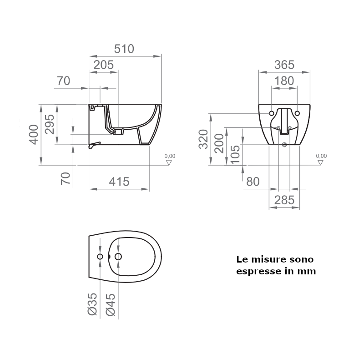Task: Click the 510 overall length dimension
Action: pos(124,49)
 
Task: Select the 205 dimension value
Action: pos(103,65)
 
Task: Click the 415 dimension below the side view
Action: pos(119,182)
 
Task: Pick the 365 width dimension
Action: pos(284,65)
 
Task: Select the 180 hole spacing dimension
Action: pos(284,81)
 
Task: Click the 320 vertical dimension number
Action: pos(203,139)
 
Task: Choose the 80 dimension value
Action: pos(253,182)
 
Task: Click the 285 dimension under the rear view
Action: pos(284,200)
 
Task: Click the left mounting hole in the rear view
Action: pos(272,113)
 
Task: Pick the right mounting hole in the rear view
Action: pos(297,113)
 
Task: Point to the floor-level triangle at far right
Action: pos(321,162)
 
